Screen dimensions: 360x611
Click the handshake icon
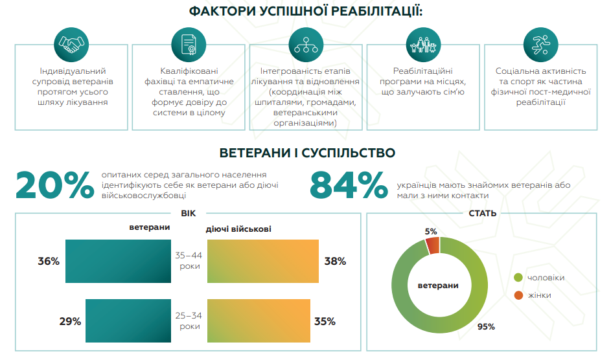[x=71, y=44]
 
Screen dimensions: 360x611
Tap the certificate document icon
[x=188, y=44]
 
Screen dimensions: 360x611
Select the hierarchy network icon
[x=305, y=44]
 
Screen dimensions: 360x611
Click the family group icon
[x=422, y=44]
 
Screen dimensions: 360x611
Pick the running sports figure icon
[x=540, y=44]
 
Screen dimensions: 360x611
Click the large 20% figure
[x=54, y=185]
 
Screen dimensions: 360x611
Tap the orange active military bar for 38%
[x=263, y=261]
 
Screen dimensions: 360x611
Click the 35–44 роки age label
[x=190, y=261]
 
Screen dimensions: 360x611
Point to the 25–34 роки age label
[x=190, y=321]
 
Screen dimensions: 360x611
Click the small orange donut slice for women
[x=432, y=245]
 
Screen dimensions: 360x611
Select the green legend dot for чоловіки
[x=518, y=278]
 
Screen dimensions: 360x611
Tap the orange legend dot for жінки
[x=518, y=295]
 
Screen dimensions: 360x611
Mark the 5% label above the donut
[x=431, y=231]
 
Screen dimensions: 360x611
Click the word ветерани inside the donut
[x=437, y=285]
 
